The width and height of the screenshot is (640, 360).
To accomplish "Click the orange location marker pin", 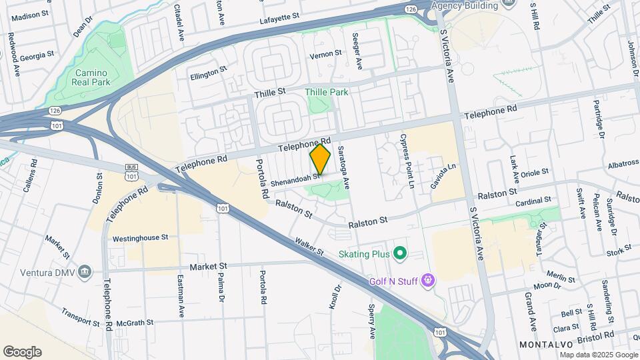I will tap(321, 159).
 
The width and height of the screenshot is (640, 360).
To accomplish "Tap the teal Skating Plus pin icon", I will tap(399, 253).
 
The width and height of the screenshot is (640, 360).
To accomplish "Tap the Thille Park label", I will tap(327, 92).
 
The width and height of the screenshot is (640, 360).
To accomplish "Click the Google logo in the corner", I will tap(22, 351).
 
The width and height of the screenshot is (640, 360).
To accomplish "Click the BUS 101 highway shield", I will tap(131, 171).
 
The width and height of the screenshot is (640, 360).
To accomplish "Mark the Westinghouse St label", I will tap(140, 237).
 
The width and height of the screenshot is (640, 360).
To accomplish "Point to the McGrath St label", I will tap(135, 323).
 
